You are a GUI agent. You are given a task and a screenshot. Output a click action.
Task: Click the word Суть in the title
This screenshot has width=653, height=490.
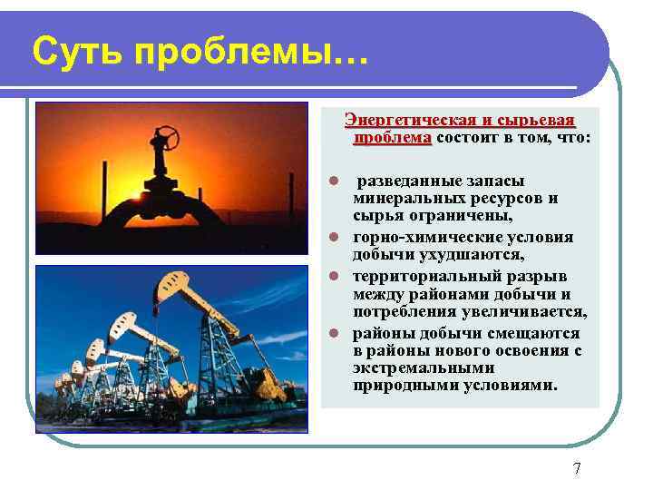tap(75, 52)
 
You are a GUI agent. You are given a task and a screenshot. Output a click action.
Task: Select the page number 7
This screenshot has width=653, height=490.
tap(577, 468)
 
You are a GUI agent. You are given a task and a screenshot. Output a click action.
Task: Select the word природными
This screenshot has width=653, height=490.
tap(395, 386)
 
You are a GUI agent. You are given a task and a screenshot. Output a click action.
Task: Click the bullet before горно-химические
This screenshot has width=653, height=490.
tap(334, 237)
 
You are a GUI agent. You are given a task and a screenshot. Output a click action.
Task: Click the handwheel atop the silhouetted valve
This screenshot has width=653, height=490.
tap(167, 139)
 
